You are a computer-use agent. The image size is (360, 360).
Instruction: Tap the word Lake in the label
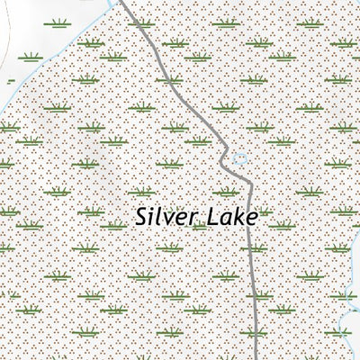point(231,217)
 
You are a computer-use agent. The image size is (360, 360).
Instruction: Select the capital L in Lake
point(212,217)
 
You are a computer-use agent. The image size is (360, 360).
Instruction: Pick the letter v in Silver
point(172,219)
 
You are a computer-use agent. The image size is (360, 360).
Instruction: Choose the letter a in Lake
point(226,219)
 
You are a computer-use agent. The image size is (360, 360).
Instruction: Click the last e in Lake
point(251,219)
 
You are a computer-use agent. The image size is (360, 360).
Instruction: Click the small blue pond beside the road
point(239,159)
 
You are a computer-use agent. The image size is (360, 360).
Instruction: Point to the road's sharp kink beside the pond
point(225,160)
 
